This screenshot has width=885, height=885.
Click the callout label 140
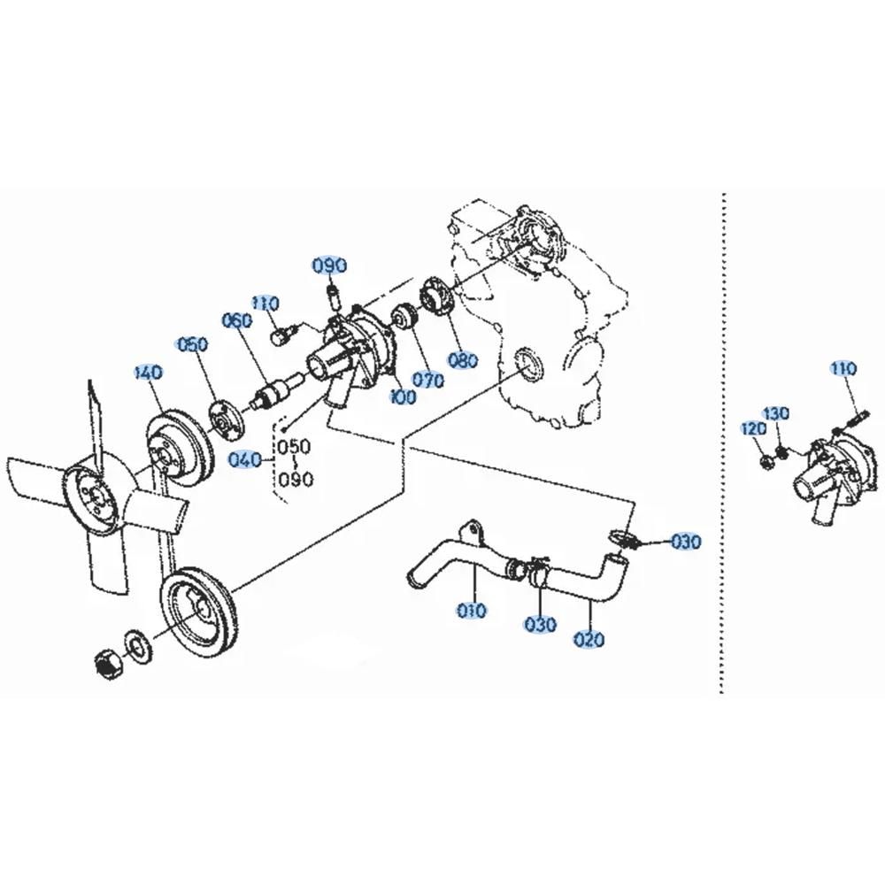tap(149, 373)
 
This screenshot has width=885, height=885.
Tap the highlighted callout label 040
tap(245, 460)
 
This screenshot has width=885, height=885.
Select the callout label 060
tap(237, 321)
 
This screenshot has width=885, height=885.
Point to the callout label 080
tap(463, 360)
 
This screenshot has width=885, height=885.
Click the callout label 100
tap(403, 396)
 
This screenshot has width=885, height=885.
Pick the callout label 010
tap(472, 610)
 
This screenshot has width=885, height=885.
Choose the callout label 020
tap(589, 640)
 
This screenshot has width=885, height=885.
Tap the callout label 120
tap(755, 429)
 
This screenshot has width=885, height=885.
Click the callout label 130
tap(777, 413)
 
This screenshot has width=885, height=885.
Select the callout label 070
tap(427, 380)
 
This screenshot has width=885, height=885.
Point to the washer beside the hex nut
tap(135, 643)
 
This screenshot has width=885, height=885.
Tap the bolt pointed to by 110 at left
tap(281, 335)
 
